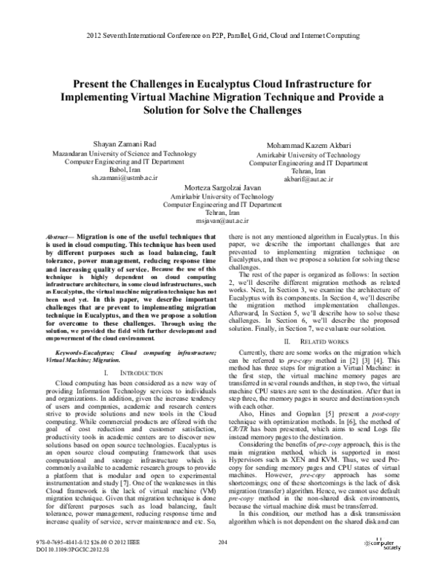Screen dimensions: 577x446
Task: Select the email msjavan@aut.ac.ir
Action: (x=223, y=221)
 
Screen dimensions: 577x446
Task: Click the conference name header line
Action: (x=222, y=36)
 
